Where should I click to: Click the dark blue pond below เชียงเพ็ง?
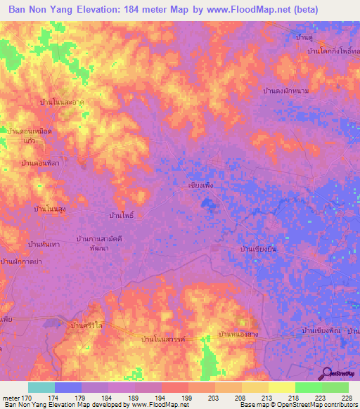pyautogui.click(x=207, y=204)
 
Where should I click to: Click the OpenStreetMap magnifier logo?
pyautogui.click(x=326, y=373)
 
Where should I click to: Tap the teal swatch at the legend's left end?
pyautogui.click(x=41, y=387)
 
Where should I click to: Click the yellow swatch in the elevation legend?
pyautogui.click(x=282, y=387)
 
